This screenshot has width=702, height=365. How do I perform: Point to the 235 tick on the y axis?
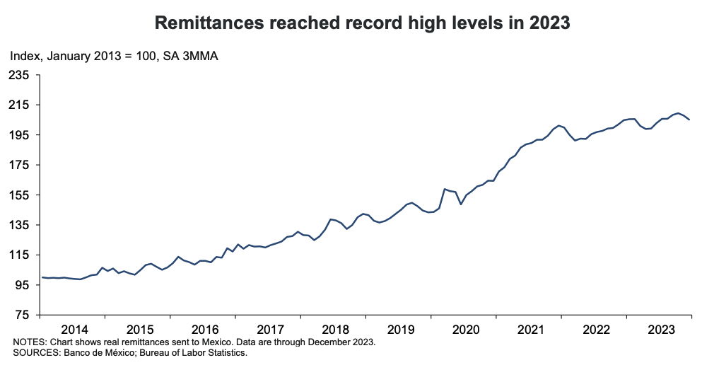click(x=20, y=75)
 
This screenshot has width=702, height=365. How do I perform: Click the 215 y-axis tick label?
click(x=20, y=105)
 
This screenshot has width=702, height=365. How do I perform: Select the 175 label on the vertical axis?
click(x=20, y=165)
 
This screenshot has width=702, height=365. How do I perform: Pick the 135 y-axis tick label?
click(x=20, y=225)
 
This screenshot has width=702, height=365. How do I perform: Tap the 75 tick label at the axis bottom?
click(x=23, y=315)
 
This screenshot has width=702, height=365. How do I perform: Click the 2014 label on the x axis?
click(x=74, y=330)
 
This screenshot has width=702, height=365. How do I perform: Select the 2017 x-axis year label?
click(x=269, y=330)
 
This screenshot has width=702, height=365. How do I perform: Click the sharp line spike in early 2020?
click(x=444, y=189)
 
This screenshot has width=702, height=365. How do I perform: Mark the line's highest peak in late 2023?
click(x=678, y=112)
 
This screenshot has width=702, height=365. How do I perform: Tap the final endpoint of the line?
click(x=690, y=120)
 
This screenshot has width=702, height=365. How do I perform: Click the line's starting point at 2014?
click(x=42, y=277)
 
